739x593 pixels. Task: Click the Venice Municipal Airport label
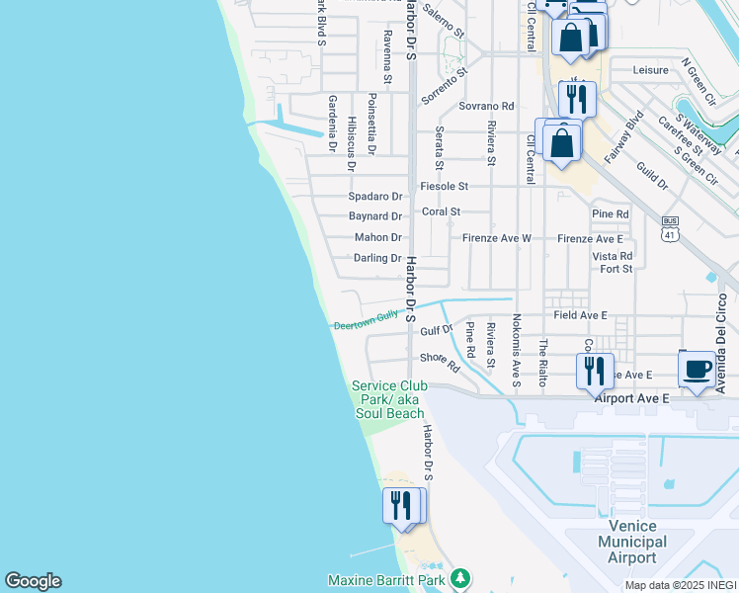click(632, 543)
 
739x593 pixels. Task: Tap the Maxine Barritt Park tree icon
click(458, 577)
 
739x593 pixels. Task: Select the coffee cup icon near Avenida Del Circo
click(698, 370)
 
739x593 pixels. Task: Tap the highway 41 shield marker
click(670, 229)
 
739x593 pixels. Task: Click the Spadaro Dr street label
click(375, 197)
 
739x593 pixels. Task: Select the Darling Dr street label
click(377, 258)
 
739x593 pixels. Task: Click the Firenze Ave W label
click(497, 238)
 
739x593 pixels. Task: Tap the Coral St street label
click(442, 212)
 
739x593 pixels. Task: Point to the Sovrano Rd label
click(486, 106)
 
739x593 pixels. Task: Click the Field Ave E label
click(580, 315)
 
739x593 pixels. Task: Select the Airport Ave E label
click(631, 397)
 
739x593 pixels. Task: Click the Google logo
click(33, 581)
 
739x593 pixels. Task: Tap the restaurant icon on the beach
click(403, 506)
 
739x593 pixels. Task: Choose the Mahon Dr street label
click(378, 237)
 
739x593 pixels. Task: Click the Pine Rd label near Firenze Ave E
click(610, 213)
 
